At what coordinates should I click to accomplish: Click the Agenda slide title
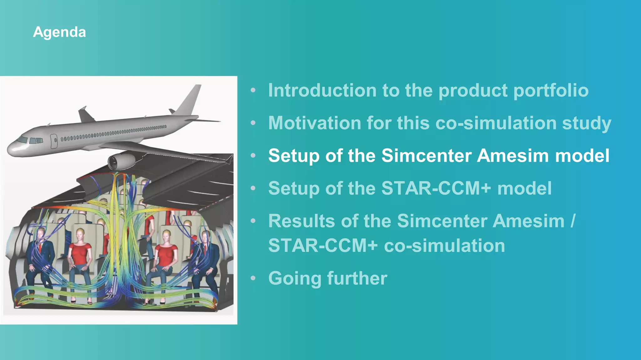[59, 32]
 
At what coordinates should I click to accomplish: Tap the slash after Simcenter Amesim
[572, 221]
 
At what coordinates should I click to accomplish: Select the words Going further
[327, 278]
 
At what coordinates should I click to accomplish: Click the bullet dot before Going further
[253, 278]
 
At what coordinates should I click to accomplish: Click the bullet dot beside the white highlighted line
[253, 155]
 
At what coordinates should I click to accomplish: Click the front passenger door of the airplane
[54, 141]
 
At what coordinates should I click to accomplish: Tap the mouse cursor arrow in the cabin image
[47, 283]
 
